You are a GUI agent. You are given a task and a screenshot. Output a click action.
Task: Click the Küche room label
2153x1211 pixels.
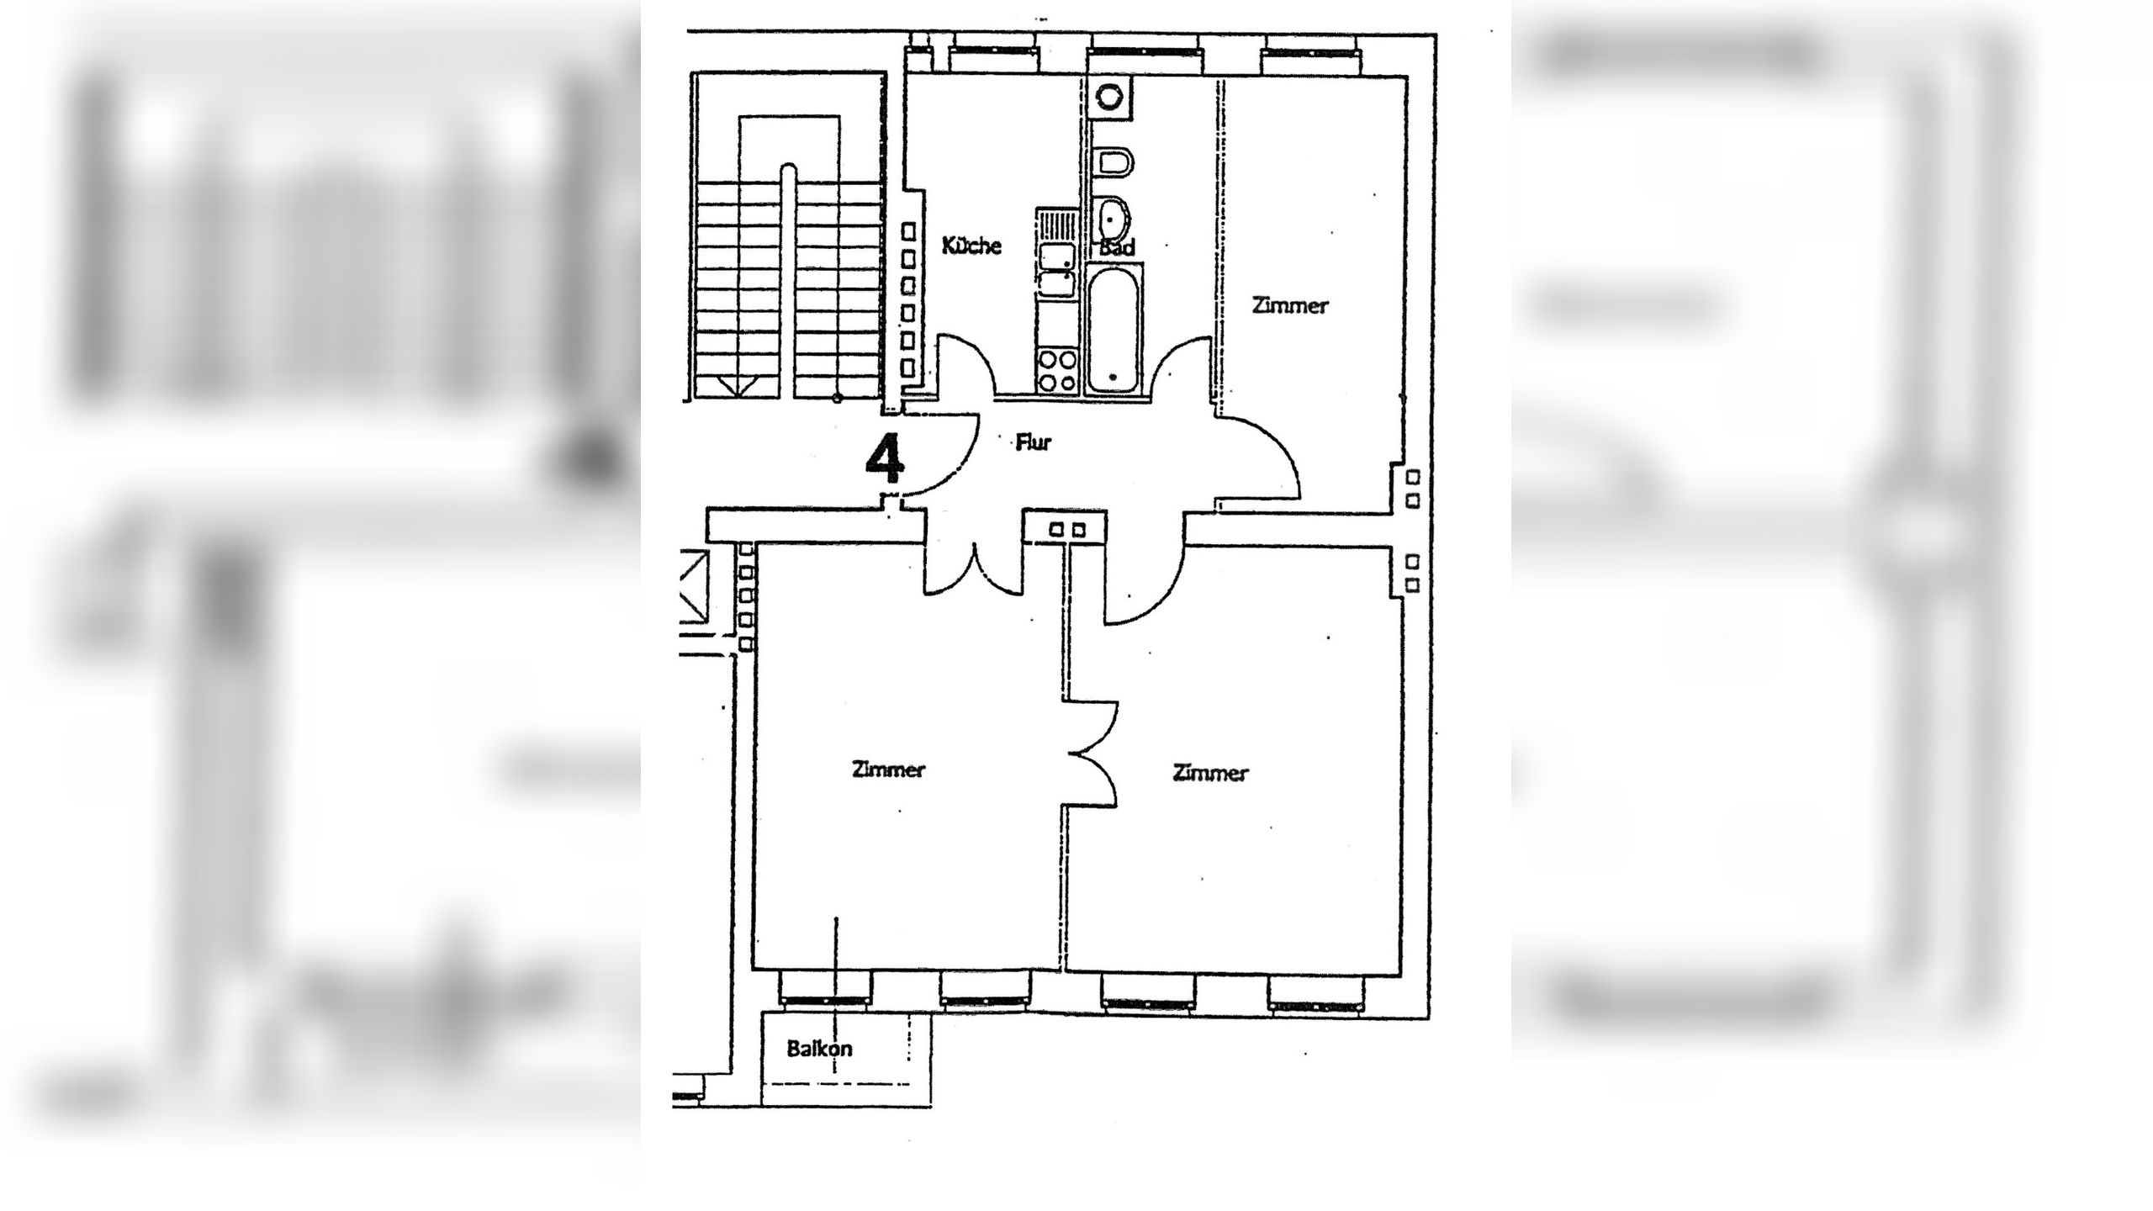[971, 245]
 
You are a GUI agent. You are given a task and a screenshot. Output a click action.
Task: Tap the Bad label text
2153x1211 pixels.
[1117, 247]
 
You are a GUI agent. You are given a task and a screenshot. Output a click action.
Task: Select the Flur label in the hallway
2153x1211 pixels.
[1034, 442]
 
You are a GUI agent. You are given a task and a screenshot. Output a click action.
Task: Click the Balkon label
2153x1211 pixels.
[819, 1049]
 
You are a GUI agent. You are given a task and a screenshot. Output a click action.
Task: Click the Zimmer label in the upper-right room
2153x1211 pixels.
[1290, 304]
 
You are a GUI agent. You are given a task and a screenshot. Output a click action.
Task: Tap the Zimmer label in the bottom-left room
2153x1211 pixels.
[888, 769]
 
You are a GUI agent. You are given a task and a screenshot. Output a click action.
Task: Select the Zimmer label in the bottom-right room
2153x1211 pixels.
[1210, 772]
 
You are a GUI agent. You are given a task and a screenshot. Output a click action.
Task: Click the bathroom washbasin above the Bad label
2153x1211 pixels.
[1114, 219]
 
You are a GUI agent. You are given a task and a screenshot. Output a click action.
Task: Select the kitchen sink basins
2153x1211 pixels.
[1056, 269]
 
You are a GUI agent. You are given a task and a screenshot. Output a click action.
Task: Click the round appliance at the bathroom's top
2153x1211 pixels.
[1109, 96]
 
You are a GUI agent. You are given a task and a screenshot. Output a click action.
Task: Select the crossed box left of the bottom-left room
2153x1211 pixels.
[694, 586]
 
